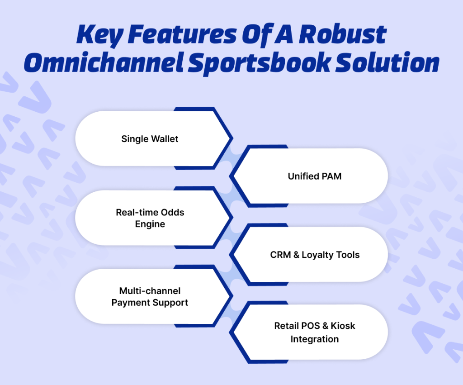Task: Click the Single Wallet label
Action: click(x=150, y=139)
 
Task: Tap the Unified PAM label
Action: click(x=314, y=176)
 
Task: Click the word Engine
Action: click(x=150, y=224)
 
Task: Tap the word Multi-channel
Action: click(x=150, y=291)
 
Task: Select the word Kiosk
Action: click(x=343, y=326)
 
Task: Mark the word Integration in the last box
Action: click(x=314, y=339)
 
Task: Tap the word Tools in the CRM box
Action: click(x=350, y=255)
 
